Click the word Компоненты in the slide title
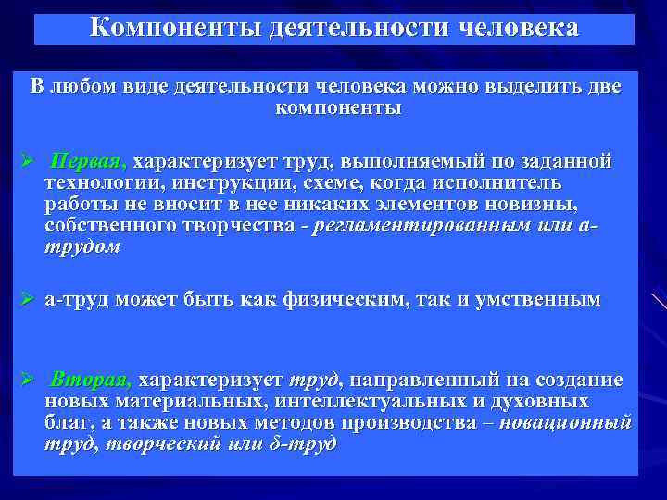(x=175, y=28)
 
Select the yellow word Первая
(x=90, y=161)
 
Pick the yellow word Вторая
(x=93, y=380)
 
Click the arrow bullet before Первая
(x=28, y=162)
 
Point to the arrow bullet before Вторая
(x=28, y=381)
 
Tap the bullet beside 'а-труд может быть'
(x=28, y=300)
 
